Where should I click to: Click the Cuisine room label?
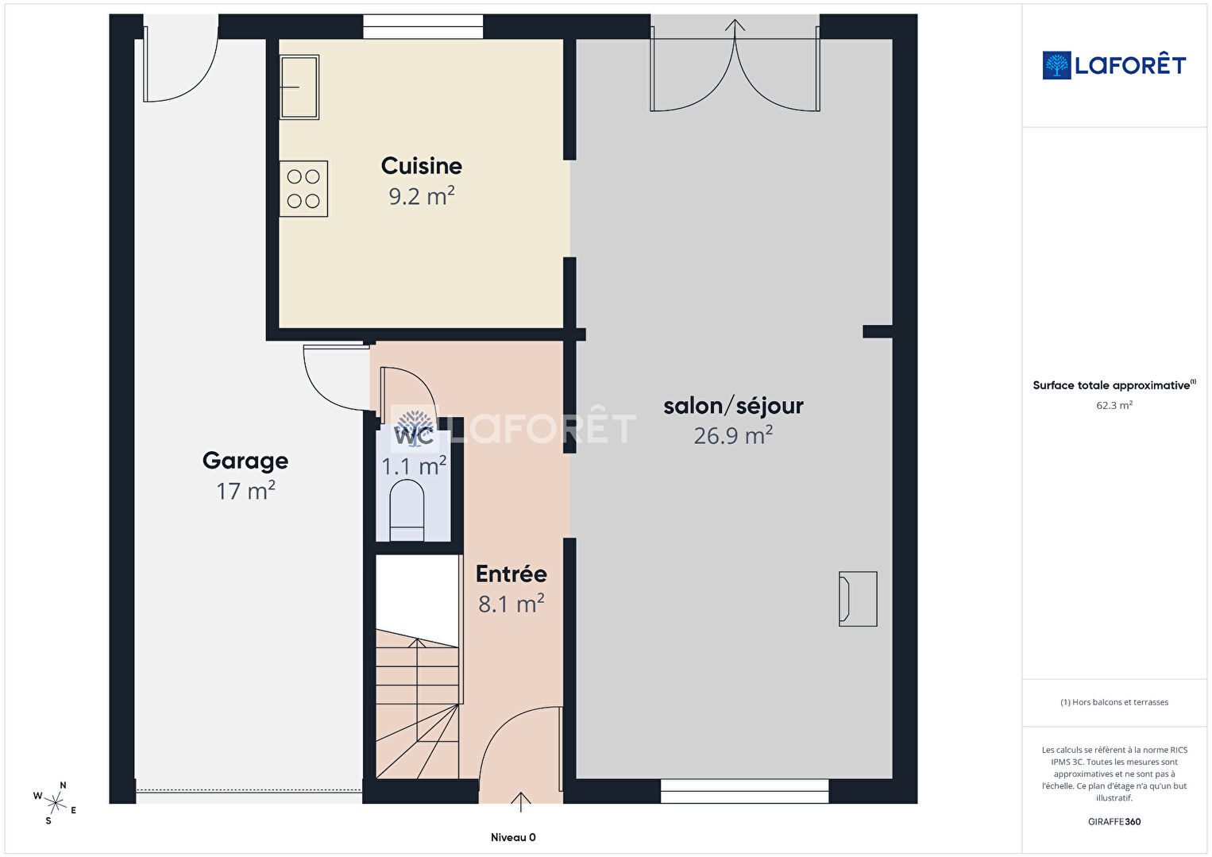422,166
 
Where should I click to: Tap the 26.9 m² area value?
733,435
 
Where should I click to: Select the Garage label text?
245,461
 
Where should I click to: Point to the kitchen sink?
299,87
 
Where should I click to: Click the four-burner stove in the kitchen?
303,189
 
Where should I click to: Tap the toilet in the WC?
407,510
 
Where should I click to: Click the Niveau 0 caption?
513,837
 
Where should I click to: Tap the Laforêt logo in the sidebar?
1114,65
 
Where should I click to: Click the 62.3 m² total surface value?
1114,405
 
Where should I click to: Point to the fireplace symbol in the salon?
858,599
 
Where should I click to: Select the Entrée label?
511,574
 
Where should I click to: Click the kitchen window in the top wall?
423,26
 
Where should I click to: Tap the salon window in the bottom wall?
744,791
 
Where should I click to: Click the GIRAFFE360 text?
1114,821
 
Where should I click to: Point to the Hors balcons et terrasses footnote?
1114,702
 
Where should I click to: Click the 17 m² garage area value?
245,491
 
